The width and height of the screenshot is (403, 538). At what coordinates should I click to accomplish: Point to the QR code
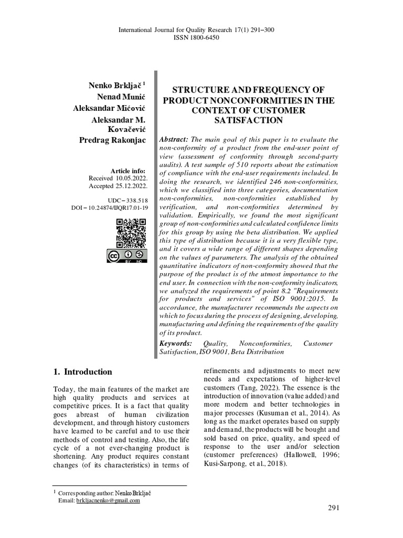point(131,233)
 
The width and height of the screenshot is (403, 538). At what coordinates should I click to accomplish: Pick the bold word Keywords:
point(176,343)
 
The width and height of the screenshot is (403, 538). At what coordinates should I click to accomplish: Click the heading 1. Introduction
point(83,372)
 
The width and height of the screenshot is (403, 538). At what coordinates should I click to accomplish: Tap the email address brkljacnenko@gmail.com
point(108,501)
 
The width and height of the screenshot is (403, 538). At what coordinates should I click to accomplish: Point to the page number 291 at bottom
point(334,508)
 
